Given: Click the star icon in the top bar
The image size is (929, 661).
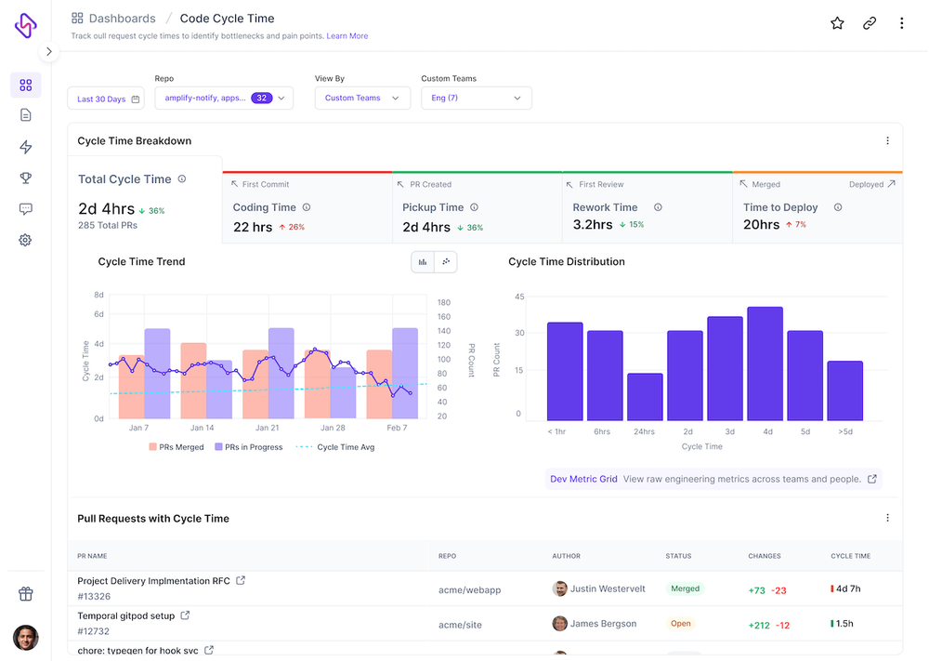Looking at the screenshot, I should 837,23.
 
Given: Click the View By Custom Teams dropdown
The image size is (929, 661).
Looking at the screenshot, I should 362,98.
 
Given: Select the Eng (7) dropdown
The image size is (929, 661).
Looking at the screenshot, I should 477,98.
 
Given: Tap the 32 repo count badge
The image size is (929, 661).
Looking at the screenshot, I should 261,98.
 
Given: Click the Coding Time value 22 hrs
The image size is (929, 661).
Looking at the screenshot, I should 254,227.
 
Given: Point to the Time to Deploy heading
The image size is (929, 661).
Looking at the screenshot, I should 780,207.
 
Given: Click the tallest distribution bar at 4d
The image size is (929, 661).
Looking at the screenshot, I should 765,364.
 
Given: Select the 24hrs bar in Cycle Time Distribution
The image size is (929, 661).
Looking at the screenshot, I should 645,397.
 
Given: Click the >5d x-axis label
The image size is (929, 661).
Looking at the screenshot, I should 844,431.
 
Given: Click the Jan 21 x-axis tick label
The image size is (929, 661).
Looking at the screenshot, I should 268,428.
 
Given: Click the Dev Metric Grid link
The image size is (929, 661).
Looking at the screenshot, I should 583,479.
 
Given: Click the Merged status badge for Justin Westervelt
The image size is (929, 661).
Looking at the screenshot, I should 686,588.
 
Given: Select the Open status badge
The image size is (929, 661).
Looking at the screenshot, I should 681,624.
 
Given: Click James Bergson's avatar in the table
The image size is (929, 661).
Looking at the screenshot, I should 560,624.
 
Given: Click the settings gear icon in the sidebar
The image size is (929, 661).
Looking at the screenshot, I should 25,240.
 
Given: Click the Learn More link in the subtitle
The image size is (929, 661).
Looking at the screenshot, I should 347,36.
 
